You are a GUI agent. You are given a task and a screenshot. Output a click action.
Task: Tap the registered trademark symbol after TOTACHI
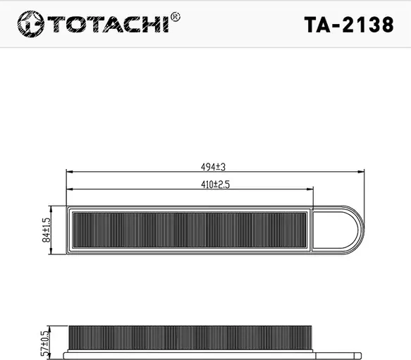pos(175,16)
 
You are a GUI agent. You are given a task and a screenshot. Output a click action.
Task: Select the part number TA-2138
pos(348,25)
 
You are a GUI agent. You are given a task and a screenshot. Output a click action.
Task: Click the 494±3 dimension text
pos(212,167)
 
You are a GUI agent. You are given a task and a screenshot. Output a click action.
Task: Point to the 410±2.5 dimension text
pos(211,185)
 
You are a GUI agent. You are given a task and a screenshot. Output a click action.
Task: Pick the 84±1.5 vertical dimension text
pos(47,230)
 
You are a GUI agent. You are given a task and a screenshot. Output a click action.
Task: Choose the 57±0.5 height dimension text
pos(47,342)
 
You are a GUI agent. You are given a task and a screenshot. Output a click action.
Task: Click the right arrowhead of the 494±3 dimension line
pos(362,172)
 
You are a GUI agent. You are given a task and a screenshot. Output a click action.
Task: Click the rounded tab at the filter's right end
pos(343,229)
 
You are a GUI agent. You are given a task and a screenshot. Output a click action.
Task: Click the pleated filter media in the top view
pos(190,229)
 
